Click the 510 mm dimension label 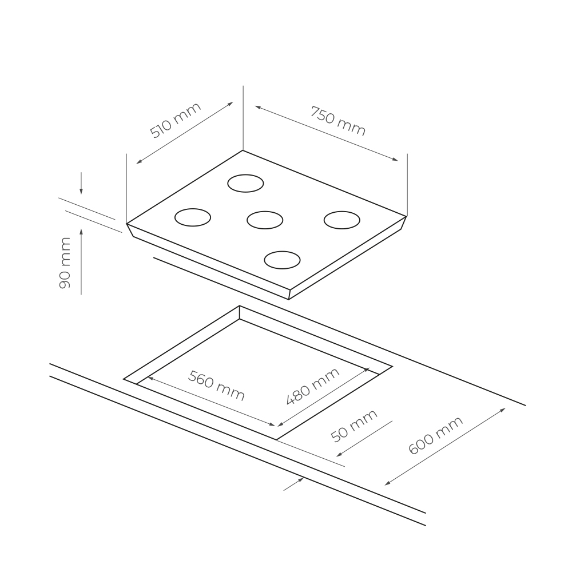click(x=175, y=121)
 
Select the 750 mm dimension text click(x=337, y=121)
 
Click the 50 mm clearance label click(x=355, y=426)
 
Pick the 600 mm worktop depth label click(x=435, y=436)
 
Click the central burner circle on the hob click(x=265, y=220)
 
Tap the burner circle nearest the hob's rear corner click(x=245, y=183)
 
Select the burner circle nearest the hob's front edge click(x=282, y=260)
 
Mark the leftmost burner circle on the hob click(x=192, y=217)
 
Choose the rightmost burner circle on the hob click(x=341, y=220)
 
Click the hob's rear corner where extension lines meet click(x=243, y=150)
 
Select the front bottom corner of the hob click(x=289, y=299)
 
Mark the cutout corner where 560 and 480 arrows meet click(x=277, y=427)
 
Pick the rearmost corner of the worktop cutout click(x=240, y=306)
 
